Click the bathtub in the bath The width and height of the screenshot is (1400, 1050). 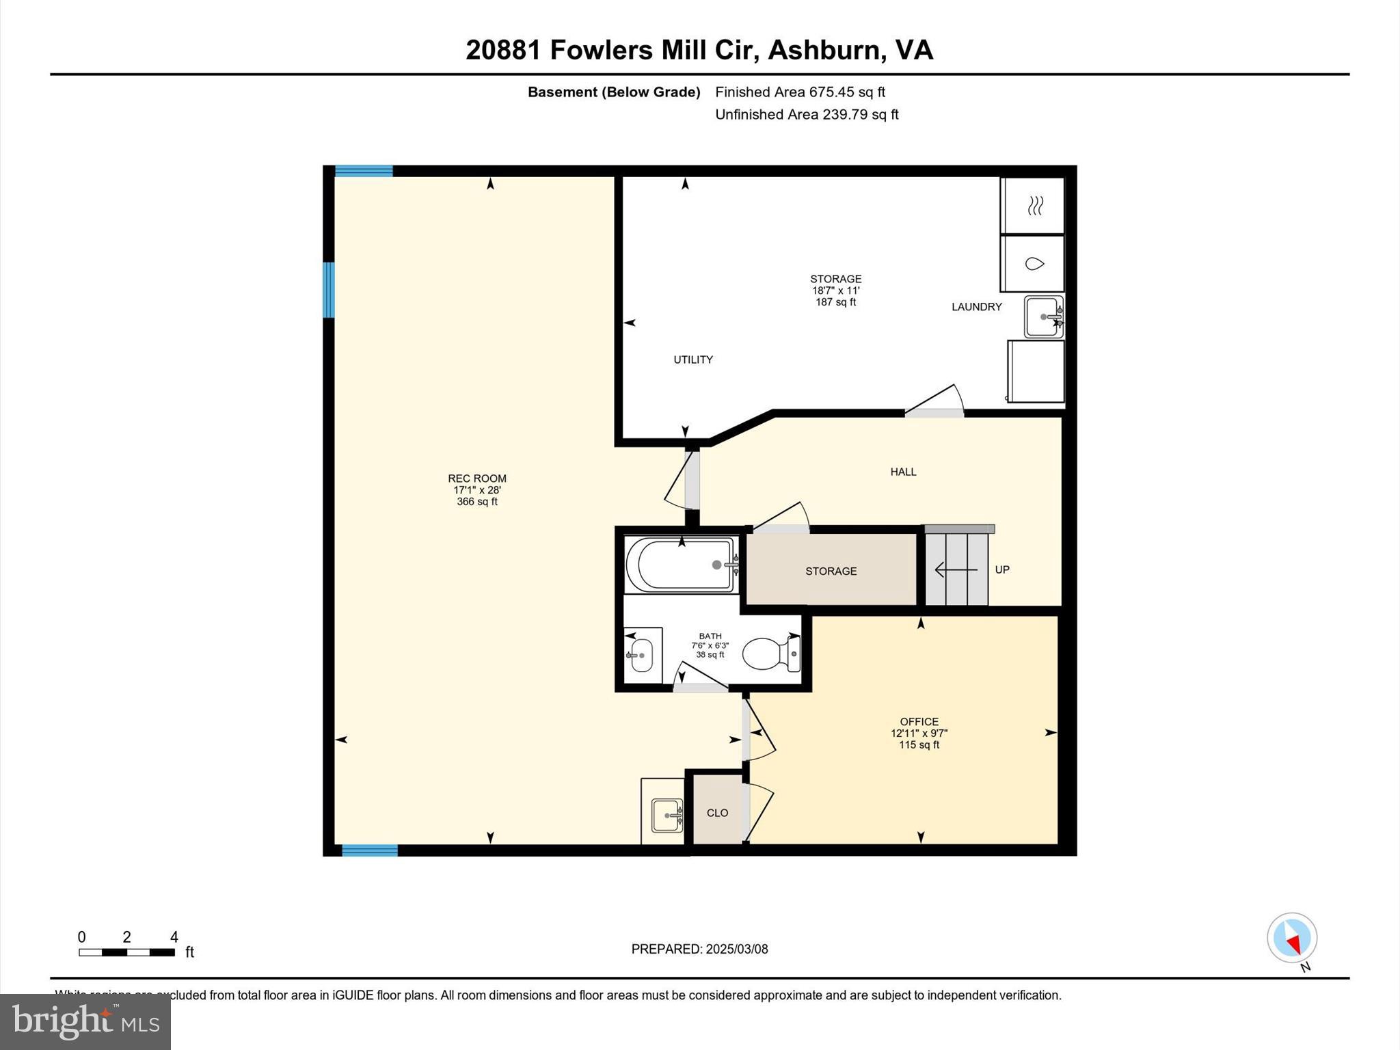[681, 565]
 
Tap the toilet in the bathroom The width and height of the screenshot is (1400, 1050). [770, 654]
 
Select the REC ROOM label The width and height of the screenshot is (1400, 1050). [476, 479]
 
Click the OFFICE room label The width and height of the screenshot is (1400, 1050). [919, 722]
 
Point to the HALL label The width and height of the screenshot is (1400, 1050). [903, 472]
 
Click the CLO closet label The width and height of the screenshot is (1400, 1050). [717, 813]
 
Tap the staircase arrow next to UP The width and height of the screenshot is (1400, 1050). [955, 569]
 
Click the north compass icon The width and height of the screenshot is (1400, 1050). [1291, 938]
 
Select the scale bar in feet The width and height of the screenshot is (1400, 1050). [126, 952]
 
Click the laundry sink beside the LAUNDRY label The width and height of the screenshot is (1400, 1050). [1043, 317]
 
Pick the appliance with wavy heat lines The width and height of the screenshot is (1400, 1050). [1034, 205]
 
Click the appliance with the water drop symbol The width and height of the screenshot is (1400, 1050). [1034, 264]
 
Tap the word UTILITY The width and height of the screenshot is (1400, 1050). [693, 360]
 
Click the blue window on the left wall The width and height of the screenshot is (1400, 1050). [329, 290]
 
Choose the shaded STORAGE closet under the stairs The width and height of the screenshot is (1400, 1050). [831, 571]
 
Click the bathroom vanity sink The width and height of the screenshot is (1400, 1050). [642, 655]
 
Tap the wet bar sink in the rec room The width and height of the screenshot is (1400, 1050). [666, 815]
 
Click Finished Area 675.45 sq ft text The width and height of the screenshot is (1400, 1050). [800, 92]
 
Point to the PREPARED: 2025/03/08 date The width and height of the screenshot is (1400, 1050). [699, 949]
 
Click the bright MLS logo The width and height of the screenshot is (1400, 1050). [85, 1021]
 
